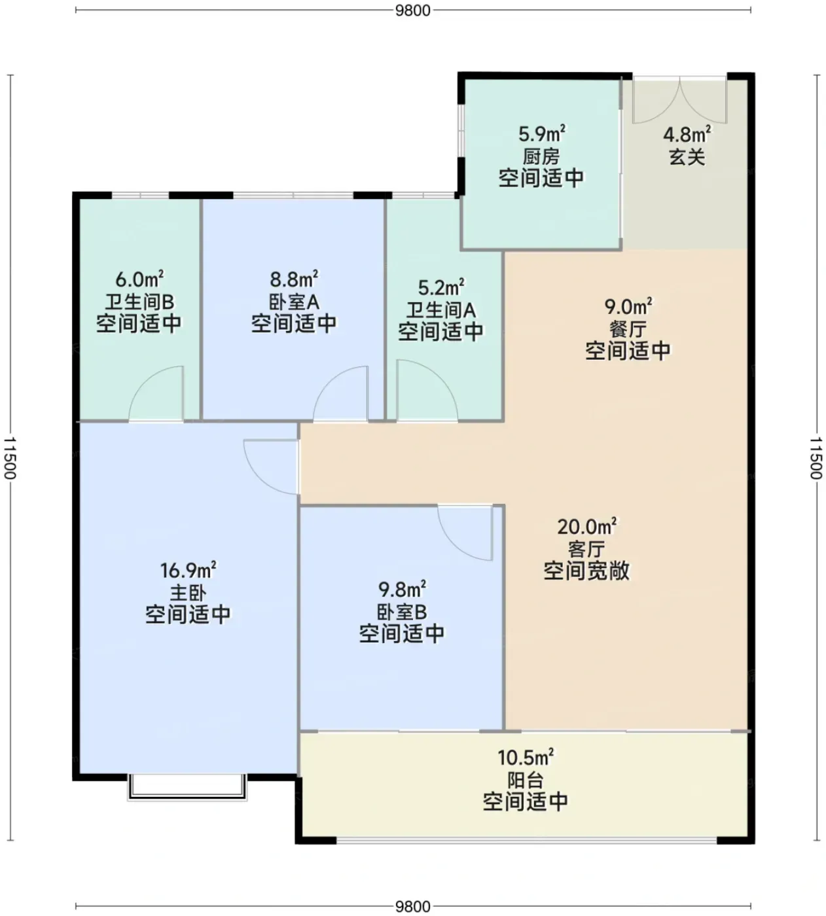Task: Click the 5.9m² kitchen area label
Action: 542,133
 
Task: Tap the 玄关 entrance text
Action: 687,158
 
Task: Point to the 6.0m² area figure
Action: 139,278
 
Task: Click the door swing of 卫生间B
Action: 156,393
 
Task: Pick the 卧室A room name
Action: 295,302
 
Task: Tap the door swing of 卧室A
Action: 341,393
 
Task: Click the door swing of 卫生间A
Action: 427,391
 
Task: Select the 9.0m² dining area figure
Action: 628,306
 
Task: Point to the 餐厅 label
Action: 628,328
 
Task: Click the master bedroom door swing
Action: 272,467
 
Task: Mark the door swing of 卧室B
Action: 465,533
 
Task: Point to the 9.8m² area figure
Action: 402,590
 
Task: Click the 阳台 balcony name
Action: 526,781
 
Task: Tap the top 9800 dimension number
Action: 413,10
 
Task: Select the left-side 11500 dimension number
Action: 10,457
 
